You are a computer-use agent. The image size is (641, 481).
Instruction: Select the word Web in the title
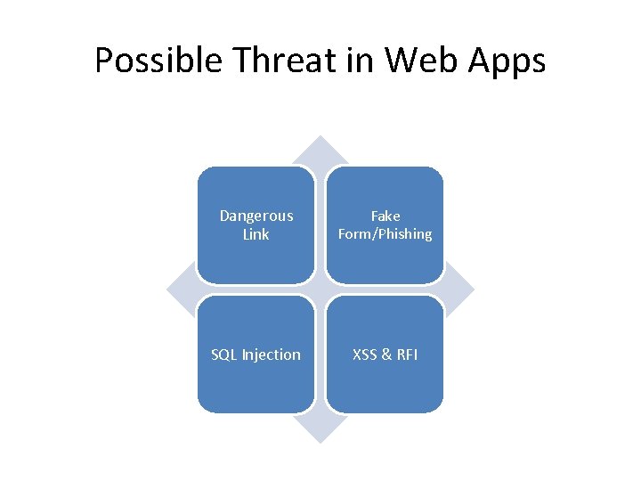click(x=422, y=61)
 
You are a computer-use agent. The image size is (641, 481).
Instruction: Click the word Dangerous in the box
click(x=256, y=216)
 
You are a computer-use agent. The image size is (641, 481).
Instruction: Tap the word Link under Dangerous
click(x=256, y=234)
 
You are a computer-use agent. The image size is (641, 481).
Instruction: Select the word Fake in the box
click(x=385, y=216)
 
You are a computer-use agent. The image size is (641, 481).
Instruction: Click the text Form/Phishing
click(x=385, y=234)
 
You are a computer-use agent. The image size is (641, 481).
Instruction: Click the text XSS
click(x=365, y=355)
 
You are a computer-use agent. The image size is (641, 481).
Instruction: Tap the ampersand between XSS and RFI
click(x=386, y=355)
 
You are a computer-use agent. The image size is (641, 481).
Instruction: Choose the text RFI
click(x=406, y=355)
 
